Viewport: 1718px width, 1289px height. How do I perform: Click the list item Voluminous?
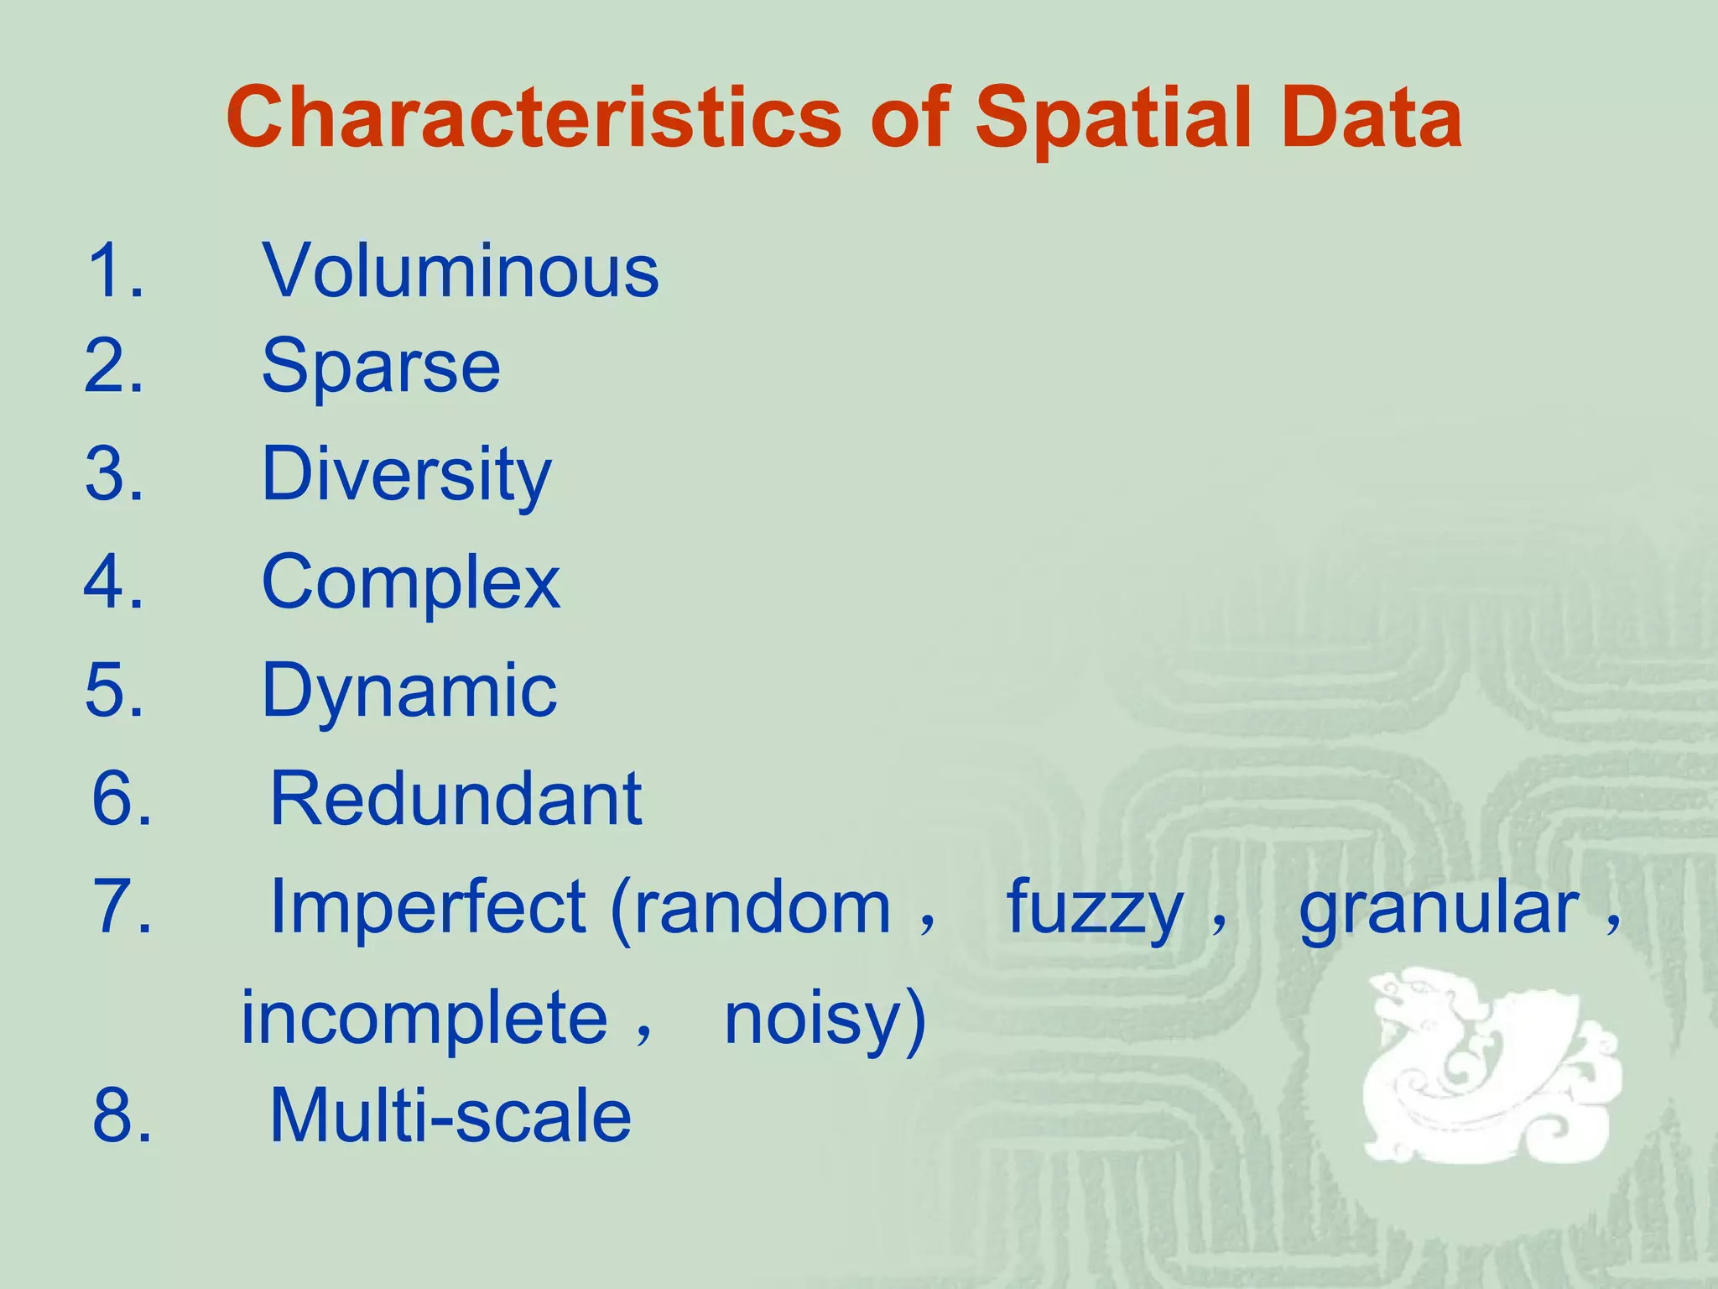[x=461, y=270]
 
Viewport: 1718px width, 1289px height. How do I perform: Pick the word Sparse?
[x=382, y=366]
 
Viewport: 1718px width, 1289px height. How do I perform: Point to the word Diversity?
[x=407, y=475]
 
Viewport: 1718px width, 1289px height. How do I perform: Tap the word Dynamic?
[x=409, y=691]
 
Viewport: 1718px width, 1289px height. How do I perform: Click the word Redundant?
[x=456, y=799]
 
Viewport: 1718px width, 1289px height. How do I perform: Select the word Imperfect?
[x=428, y=907]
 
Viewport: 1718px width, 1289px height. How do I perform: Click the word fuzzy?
[x=1095, y=909]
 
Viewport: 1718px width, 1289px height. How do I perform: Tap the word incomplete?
[x=424, y=1018]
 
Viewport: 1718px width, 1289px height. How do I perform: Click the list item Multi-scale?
[x=450, y=1115]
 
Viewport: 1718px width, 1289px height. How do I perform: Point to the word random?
[x=762, y=907]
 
